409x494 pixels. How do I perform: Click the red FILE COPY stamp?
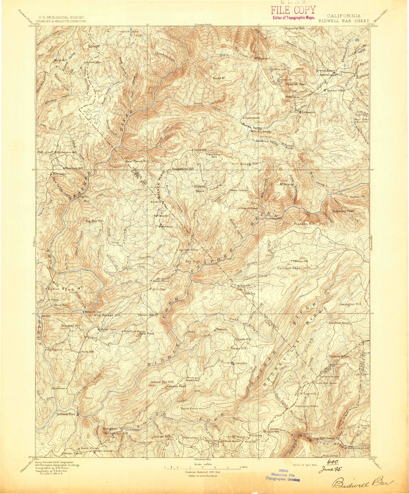tap(293, 11)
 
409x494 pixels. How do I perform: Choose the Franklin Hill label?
tap(304, 224)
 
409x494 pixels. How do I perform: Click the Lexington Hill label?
tap(350, 304)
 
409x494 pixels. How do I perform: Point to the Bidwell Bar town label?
tap(65, 414)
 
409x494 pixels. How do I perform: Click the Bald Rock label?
tap(147, 334)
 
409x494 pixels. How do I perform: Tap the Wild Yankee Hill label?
tap(105, 315)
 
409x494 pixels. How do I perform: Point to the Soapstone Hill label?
tap(183, 169)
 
